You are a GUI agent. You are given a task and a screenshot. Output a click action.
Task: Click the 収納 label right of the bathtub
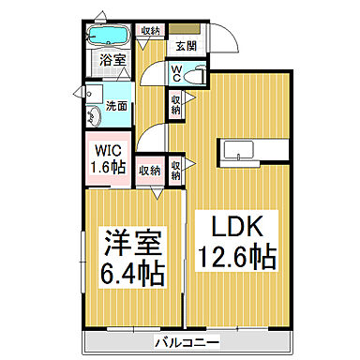149,30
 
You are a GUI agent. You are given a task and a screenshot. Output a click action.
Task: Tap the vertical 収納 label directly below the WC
175,105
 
